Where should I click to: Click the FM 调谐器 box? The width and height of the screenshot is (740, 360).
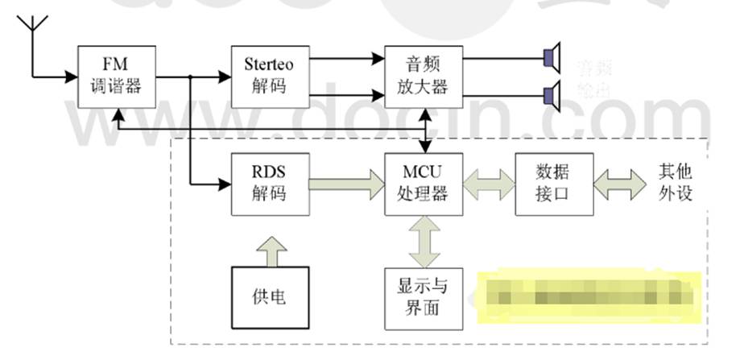coord(116,77)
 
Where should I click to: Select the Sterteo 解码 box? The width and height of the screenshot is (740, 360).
coord(269,77)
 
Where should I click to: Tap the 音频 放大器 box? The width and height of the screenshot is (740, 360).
coord(424,77)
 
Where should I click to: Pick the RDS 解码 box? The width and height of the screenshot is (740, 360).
coord(269,184)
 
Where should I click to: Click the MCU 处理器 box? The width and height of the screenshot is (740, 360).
coord(424,184)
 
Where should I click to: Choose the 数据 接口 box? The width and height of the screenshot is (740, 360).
coord(553,184)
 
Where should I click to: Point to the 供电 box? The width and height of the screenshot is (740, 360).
coord(270,299)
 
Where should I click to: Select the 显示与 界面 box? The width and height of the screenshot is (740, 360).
coord(424,299)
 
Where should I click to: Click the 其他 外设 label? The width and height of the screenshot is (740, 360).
coord(675,184)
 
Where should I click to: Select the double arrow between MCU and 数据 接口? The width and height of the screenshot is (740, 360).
coord(489,184)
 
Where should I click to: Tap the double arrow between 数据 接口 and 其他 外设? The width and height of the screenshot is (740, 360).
coord(620,184)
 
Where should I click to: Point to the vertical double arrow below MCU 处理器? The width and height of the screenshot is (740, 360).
coord(424,242)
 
